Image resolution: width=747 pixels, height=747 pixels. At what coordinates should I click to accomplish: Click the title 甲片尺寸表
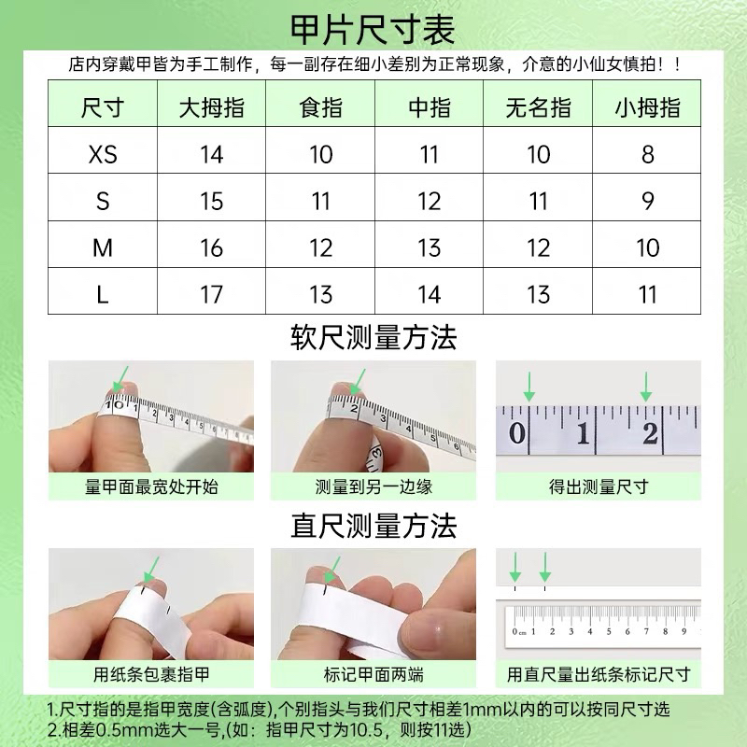pyautogui.click(x=373, y=28)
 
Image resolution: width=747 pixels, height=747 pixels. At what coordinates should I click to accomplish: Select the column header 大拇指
pyautogui.click(x=212, y=107)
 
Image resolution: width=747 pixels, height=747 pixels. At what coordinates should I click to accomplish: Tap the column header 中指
pyautogui.click(x=430, y=107)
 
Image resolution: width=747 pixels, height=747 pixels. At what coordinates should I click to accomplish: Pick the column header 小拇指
pyautogui.click(x=647, y=107)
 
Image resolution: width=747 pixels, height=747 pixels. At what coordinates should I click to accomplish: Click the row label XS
pyautogui.click(x=103, y=154)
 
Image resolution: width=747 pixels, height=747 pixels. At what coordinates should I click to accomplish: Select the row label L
pyautogui.click(x=103, y=295)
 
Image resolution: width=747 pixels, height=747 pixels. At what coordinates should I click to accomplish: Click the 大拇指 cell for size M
pyautogui.click(x=212, y=248)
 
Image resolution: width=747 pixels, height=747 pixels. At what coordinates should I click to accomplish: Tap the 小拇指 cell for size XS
pyautogui.click(x=647, y=154)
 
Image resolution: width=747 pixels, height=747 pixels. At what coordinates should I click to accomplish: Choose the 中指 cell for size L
pyautogui.click(x=430, y=295)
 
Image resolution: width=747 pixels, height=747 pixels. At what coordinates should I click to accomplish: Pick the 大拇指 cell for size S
pyautogui.click(x=212, y=201)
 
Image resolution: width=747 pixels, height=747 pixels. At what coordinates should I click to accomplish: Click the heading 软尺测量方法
pyautogui.click(x=373, y=337)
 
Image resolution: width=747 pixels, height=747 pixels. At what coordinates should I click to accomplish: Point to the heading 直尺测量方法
pyautogui.click(x=373, y=526)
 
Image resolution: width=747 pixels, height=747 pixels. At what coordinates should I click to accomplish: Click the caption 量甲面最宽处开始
pyautogui.click(x=151, y=486)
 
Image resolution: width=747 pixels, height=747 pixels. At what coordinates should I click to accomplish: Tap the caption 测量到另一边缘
pyautogui.click(x=373, y=486)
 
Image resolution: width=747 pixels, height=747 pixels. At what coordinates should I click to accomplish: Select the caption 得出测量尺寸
pyautogui.click(x=598, y=486)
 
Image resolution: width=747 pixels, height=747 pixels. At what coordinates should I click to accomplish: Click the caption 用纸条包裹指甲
pyautogui.click(x=151, y=674)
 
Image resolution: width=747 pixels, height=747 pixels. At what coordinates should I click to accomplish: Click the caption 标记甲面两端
pyautogui.click(x=373, y=674)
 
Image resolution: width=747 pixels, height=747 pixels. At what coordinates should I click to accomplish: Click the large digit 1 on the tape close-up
pyautogui.click(x=583, y=434)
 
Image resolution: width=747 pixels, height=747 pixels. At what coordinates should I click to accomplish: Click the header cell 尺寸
pyautogui.click(x=103, y=107)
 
